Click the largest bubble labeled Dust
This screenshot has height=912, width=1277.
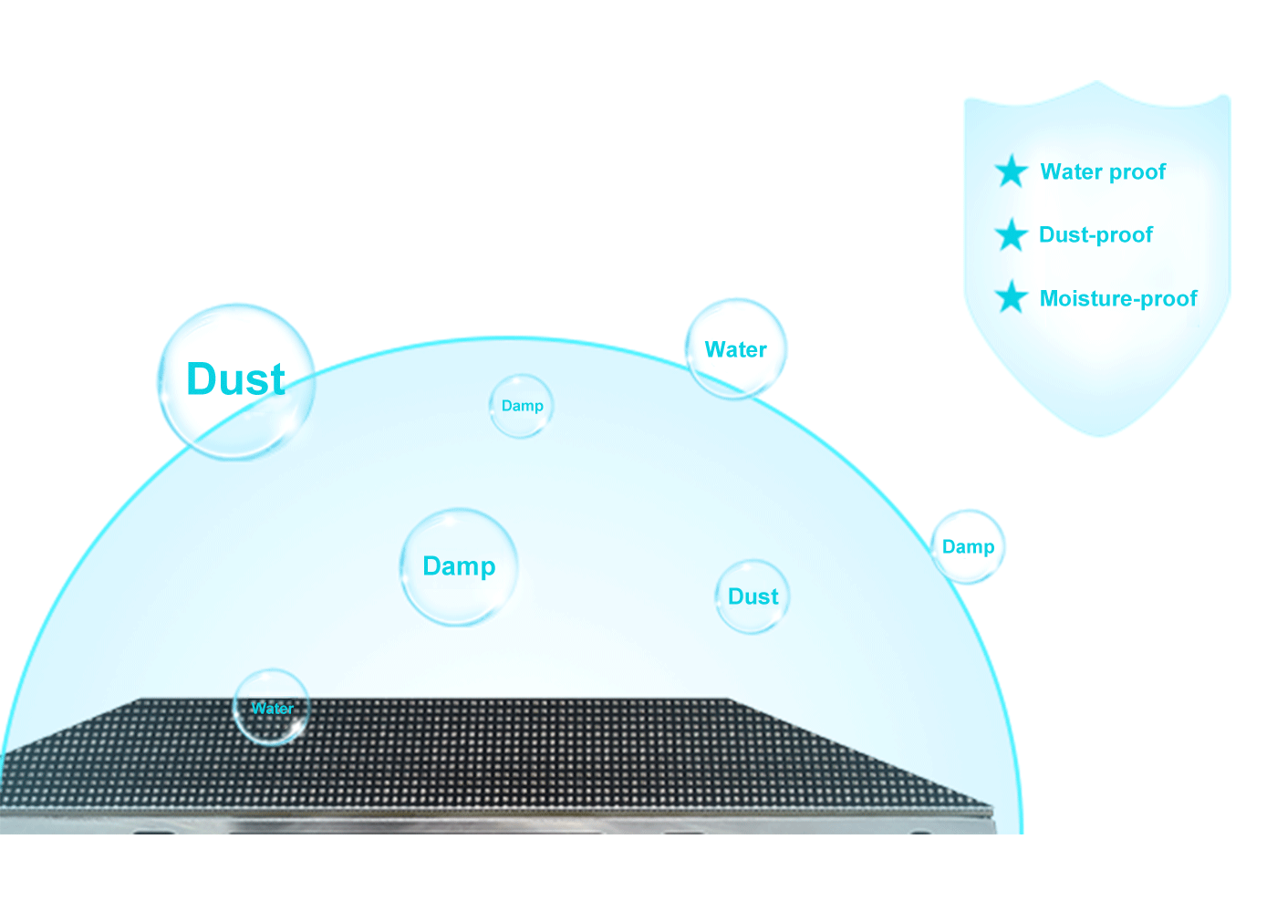tap(237, 381)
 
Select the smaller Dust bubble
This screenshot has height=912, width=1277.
tap(753, 596)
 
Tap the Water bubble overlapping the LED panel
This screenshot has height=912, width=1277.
tap(272, 708)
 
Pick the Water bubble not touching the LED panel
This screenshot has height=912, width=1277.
tap(735, 349)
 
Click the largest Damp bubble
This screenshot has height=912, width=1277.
tap(459, 566)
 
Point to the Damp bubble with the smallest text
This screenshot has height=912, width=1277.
tap(522, 406)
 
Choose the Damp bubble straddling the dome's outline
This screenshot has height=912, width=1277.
tap(968, 546)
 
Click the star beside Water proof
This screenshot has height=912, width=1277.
tap(1011, 171)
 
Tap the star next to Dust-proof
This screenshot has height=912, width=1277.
tap(1011, 235)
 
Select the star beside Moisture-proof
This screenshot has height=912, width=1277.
tap(1011, 297)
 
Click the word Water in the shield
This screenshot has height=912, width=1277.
tap(1070, 171)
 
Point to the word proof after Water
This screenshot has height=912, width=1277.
tap(1137, 172)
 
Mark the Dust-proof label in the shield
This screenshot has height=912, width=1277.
tap(1095, 235)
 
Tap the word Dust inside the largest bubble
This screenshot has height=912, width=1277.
tap(236, 379)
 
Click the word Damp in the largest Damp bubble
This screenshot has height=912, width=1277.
tap(459, 566)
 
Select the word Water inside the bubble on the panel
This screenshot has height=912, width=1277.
tap(272, 708)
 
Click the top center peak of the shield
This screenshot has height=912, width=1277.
tap(1097, 83)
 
